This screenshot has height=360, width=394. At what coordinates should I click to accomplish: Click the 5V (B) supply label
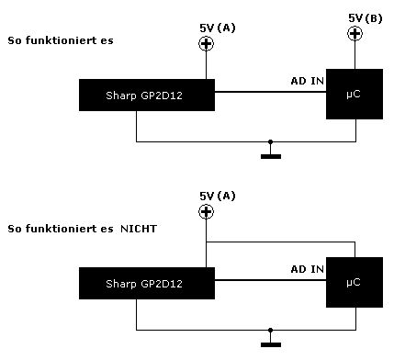click(366, 18)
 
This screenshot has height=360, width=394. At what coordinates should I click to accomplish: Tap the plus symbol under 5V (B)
click(355, 33)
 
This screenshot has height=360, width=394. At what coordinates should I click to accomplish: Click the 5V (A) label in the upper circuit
click(218, 28)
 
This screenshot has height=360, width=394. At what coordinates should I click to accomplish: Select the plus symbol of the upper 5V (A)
click(206, 43)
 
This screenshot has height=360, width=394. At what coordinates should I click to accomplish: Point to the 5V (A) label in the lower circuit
click(218, 196)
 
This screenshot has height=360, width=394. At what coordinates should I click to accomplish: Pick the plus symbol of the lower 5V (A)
click(206, 211)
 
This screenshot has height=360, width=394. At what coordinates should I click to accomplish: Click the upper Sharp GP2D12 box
click(147, 95)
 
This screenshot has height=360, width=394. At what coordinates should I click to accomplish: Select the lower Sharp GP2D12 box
click(147, 283)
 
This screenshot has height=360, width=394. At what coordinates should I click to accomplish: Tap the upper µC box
click(355, 94)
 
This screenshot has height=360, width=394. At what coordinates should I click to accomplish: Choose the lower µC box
click(355, 282)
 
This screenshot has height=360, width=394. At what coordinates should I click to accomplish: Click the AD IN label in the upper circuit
click(307, 81)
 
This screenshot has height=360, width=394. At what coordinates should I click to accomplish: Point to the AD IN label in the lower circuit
click(307, 269)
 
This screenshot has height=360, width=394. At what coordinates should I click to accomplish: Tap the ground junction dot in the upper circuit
click(270, 141)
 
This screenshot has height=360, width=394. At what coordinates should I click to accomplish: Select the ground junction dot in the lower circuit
click(270, 330)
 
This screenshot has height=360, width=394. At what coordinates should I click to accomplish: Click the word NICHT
click(139, 229)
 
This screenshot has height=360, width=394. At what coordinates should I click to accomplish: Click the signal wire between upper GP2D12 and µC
click(270, 92)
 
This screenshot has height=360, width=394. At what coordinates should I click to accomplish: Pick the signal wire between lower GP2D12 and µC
click(270, 280)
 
